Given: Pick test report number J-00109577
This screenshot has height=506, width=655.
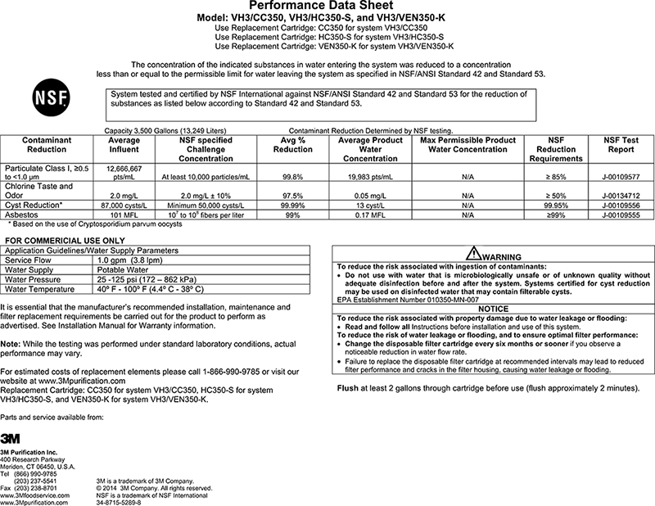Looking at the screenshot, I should pyautogui.click(x=618, y=175).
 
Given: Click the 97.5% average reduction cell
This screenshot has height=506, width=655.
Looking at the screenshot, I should pyautogui.click(x=291, y=196).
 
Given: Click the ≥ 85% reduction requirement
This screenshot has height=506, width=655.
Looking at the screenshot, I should pyautogui.click(x=557, y=175).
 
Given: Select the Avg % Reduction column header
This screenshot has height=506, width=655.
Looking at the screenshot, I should pyautogui.click(x=291, y=145).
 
